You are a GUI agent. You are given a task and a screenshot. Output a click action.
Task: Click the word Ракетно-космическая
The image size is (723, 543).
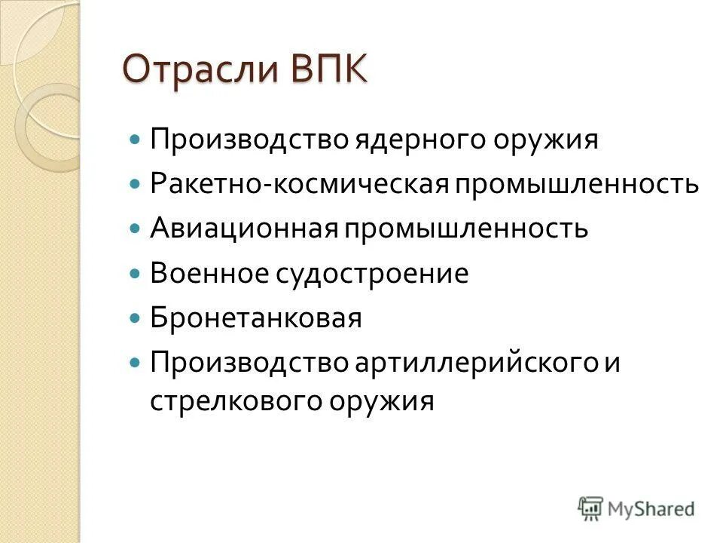290,184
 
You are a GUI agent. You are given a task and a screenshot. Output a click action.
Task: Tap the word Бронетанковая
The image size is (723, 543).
256,318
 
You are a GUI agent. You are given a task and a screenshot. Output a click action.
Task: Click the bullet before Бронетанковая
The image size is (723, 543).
136,318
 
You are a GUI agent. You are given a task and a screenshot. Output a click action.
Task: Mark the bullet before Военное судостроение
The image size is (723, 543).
136,274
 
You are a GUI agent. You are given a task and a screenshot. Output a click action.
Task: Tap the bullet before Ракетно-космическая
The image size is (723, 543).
136,185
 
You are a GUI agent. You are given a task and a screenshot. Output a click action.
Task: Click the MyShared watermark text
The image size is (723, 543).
652,509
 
